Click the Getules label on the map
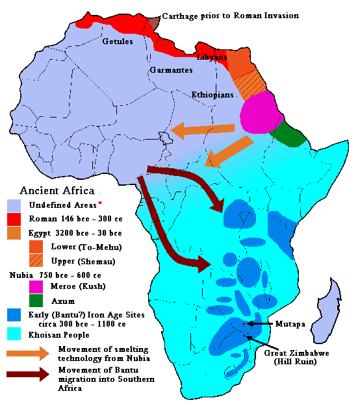coord(118,42)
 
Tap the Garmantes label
coord(171,69)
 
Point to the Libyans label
coord(212,57)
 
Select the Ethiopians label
coord(212,95)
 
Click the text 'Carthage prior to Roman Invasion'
coord(230,15)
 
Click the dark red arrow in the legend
coord(27,374)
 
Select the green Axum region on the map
coord(288,134)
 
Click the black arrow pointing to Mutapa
coord(259,323)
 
